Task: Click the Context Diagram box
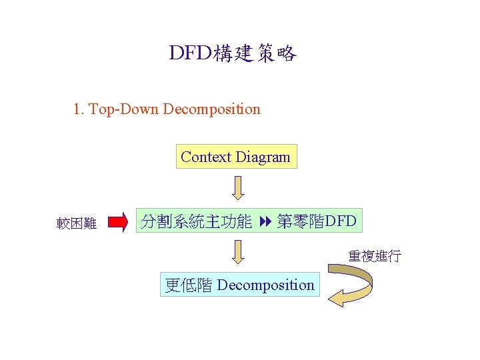236,157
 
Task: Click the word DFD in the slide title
191,54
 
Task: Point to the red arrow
117,222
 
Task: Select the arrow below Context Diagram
238,188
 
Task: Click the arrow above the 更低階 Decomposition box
238,252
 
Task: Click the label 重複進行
374,256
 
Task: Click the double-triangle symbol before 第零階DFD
264,221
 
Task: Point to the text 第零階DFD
317,221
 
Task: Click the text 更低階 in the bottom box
189,285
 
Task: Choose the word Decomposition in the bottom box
265,285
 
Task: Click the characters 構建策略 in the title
255,54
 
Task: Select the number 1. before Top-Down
79,109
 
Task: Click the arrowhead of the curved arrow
337,297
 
